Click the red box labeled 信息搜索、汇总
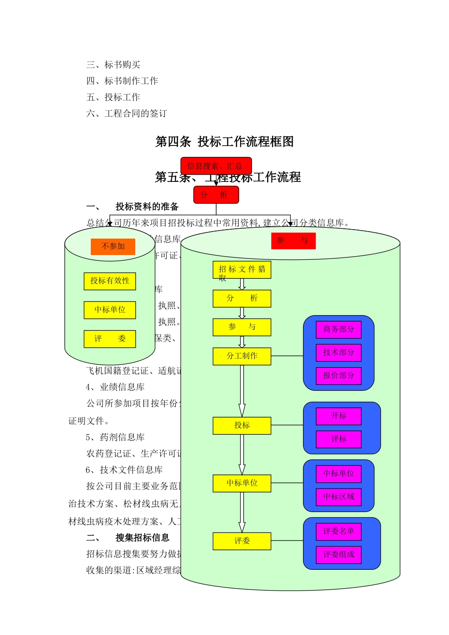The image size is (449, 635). click(x=216, y=166)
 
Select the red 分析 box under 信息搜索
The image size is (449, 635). click(x=216, y=195)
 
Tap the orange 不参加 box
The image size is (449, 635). click(x=113, y=246)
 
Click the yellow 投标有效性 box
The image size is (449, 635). click(x=110, y=281)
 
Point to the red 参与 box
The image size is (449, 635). click(x=293, y=240)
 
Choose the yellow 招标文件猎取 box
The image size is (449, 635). click(x=242, y=270)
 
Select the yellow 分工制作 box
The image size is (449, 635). click(x=242, y=356)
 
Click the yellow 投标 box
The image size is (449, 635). click(x=242, y=426)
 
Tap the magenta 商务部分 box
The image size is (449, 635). click(x=338, y=329)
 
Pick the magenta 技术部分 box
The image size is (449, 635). click(x=338, y=352)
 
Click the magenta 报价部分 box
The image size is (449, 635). click(x=338, y=376)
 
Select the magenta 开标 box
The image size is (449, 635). click(x=338, y=416)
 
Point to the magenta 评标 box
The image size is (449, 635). click(x=338, y=439)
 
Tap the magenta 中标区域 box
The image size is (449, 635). click(x=338, y=497)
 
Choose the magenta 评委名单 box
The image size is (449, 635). click(x=338, y=532)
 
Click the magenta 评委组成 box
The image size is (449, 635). click(x=338, y=555)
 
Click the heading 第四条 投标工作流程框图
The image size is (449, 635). click(x=224, y=142)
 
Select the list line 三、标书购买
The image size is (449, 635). click(x=113, y=65)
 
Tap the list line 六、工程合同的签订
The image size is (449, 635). click(x=127, y=113)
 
